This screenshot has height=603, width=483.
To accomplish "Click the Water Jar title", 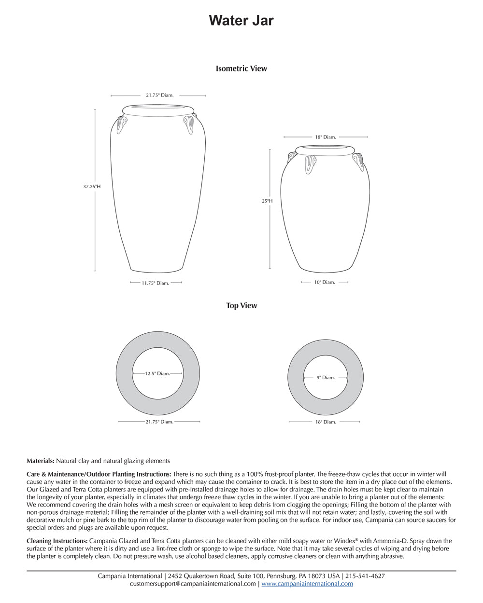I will tap(241, 20).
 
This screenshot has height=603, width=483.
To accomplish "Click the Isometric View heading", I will tap(241, 69).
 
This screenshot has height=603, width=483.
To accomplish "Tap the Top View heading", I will tap(241, 305).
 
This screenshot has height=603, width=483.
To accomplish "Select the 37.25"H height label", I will tap(92, 186).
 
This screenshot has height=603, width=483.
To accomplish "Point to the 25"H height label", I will tap(267, 201).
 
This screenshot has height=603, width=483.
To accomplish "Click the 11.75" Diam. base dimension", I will tap(156, 283).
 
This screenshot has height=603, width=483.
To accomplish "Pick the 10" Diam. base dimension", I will tap(324, 282).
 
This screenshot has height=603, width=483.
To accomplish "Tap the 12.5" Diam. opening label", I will tap(157, 373).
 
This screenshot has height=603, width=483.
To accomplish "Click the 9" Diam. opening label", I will tap(326, 378).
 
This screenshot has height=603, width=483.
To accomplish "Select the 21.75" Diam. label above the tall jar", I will tap(159, 96).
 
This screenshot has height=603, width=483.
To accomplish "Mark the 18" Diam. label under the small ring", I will tap(326, 422).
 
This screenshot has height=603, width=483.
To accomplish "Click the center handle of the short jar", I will tap(311, 164).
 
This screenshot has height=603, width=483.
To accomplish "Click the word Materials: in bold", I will tap(41, 461).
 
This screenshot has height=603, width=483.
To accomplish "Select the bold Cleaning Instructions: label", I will tap(57, 541).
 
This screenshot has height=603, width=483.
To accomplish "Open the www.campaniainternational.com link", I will tap(307, 584).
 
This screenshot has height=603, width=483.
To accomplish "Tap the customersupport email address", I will tap(193, 584).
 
